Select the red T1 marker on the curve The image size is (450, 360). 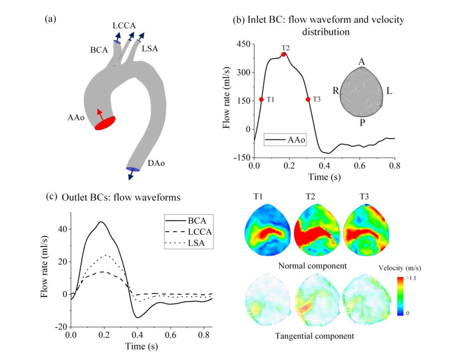click(261, 100)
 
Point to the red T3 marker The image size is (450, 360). click(308, 100)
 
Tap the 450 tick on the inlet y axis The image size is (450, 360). click(241, 44)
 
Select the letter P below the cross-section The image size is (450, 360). click(361, 122)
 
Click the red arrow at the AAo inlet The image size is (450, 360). click(100, 115)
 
